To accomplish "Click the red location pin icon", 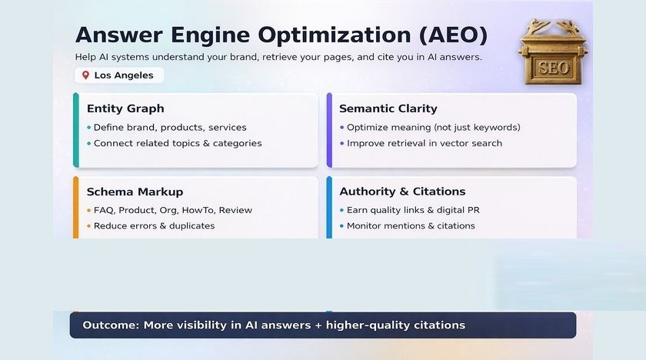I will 85,75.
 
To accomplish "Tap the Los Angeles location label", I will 124,75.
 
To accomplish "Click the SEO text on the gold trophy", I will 554,68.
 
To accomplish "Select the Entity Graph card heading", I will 125,108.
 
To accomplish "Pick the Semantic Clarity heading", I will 388,108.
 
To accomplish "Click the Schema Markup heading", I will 135,192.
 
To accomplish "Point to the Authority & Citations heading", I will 402,192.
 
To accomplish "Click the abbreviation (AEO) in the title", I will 453,35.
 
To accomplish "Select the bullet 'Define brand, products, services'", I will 170,128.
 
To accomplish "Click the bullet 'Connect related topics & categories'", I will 178,143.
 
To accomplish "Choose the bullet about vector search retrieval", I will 424,143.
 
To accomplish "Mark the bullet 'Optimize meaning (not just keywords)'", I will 433,128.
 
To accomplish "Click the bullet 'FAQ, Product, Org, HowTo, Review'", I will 173,210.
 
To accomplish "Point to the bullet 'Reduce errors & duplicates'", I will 154,226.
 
